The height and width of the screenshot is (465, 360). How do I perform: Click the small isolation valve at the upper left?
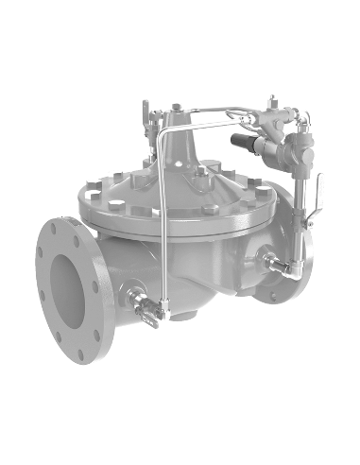[146, 119]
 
